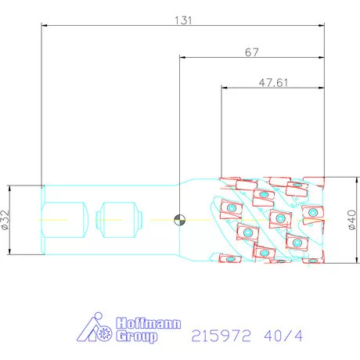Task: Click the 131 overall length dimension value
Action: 183,20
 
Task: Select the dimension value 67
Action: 252,52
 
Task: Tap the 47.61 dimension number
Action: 273,83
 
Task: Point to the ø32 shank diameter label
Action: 5,220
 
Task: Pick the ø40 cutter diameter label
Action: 352,220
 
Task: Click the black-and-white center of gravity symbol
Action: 180,220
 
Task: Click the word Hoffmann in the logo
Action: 148,323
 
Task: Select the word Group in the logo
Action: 137,337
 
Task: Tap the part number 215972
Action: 221,336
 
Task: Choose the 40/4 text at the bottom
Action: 283,336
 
